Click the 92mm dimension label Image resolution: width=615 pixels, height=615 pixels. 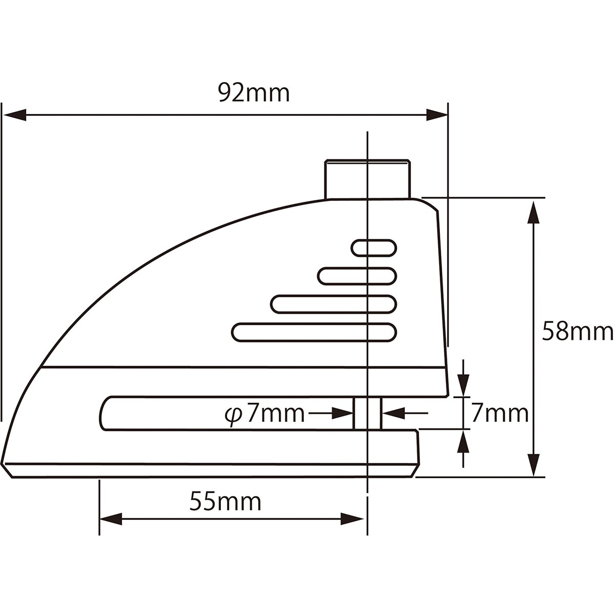coord(254,93)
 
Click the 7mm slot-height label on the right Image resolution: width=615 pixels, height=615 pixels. coord(500,414)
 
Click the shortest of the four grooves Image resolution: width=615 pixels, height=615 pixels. coord(374,248)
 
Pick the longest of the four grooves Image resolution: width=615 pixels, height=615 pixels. coord(314,332)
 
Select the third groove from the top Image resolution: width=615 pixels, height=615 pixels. coord(334,304)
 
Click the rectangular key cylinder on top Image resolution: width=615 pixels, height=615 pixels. coord(367,179)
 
